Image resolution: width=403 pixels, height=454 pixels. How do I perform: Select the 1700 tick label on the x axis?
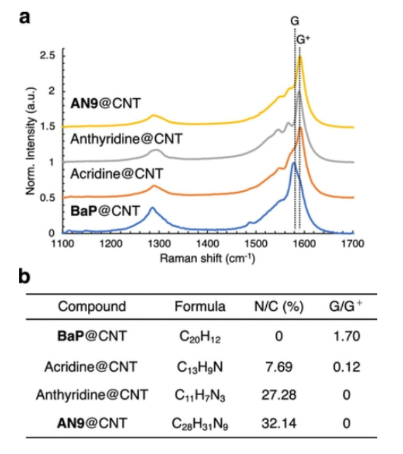[352, 243]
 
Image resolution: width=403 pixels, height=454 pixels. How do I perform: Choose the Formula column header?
[200, 307]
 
